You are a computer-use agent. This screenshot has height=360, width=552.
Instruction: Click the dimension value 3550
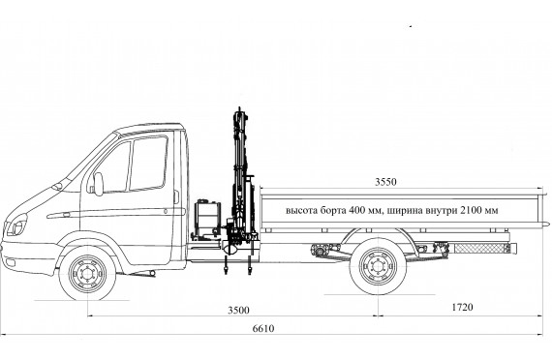click(x=385, y=182)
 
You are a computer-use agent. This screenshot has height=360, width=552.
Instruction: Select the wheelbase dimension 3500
click(x=238, y=310)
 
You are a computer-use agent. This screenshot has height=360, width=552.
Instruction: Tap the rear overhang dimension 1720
click(x=462, y=307)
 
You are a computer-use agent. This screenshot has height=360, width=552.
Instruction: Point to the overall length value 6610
click(x=263, y=328)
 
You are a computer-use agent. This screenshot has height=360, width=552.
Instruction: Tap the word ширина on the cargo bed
click(x=404, y=210)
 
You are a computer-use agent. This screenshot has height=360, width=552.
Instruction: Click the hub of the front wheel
click(x=87, y=274)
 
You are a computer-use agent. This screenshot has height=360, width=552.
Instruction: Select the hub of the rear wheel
click(x=378, y=266)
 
